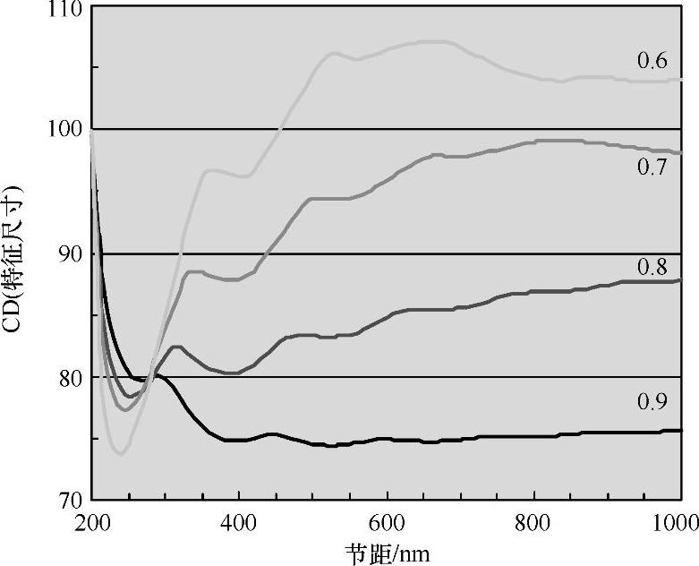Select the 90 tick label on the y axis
click(x=67, y=254)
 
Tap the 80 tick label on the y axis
click(x=67, y=378)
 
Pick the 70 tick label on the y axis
click(x=67, y=500)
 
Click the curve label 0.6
click(x=652, y=61)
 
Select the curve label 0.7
click(x=652, y=167)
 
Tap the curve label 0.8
click(x=652, y=266)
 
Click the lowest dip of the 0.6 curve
click(x=119, y=454)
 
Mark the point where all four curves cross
click(x=149, y=381)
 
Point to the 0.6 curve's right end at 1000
click(x=680, y=80)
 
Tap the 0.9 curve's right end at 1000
click(x=680, y=430)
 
